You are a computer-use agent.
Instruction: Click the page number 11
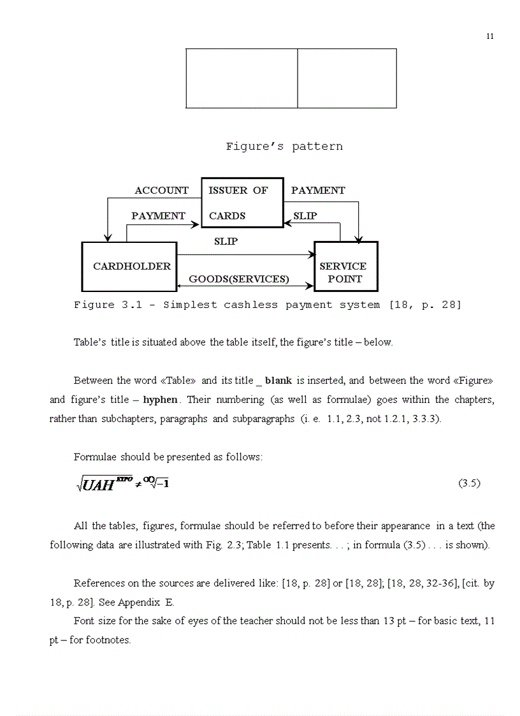pyautogui.click(x=489, y=36)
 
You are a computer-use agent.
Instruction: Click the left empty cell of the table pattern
pyautogui.click(x=242, y=78)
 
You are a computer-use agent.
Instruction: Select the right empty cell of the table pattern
pyautogui.click(x=347, y=78)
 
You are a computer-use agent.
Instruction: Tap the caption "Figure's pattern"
pyautogui.click(x=284, y=147)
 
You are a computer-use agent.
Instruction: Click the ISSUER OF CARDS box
pyautogui.click(x=242, y=203)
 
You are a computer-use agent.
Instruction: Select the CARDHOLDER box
pyautogui.click(x=129, y=266)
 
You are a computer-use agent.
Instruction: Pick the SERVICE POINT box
pyautogui.click(x=346, y=267)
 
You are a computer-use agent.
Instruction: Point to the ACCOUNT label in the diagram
pyautogui.click(x=162, y=191)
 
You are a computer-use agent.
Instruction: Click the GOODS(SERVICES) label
pyautogui.click(x=239, y=279)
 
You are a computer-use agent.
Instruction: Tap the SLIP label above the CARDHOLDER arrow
pyautogui.click(x=226, y=242)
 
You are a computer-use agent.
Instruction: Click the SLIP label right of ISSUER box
pyautogui.click(x=305, y=216)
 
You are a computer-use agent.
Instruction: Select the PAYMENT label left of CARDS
pyautogui.click(x=158, y=216)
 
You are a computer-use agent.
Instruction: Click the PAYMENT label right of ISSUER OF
pyautogui.click(x=318, y=191)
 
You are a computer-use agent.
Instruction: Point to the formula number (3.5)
pyautogui.click(x=469, y=483)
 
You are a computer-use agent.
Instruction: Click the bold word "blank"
pyautogui.click(x=278, y=381)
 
